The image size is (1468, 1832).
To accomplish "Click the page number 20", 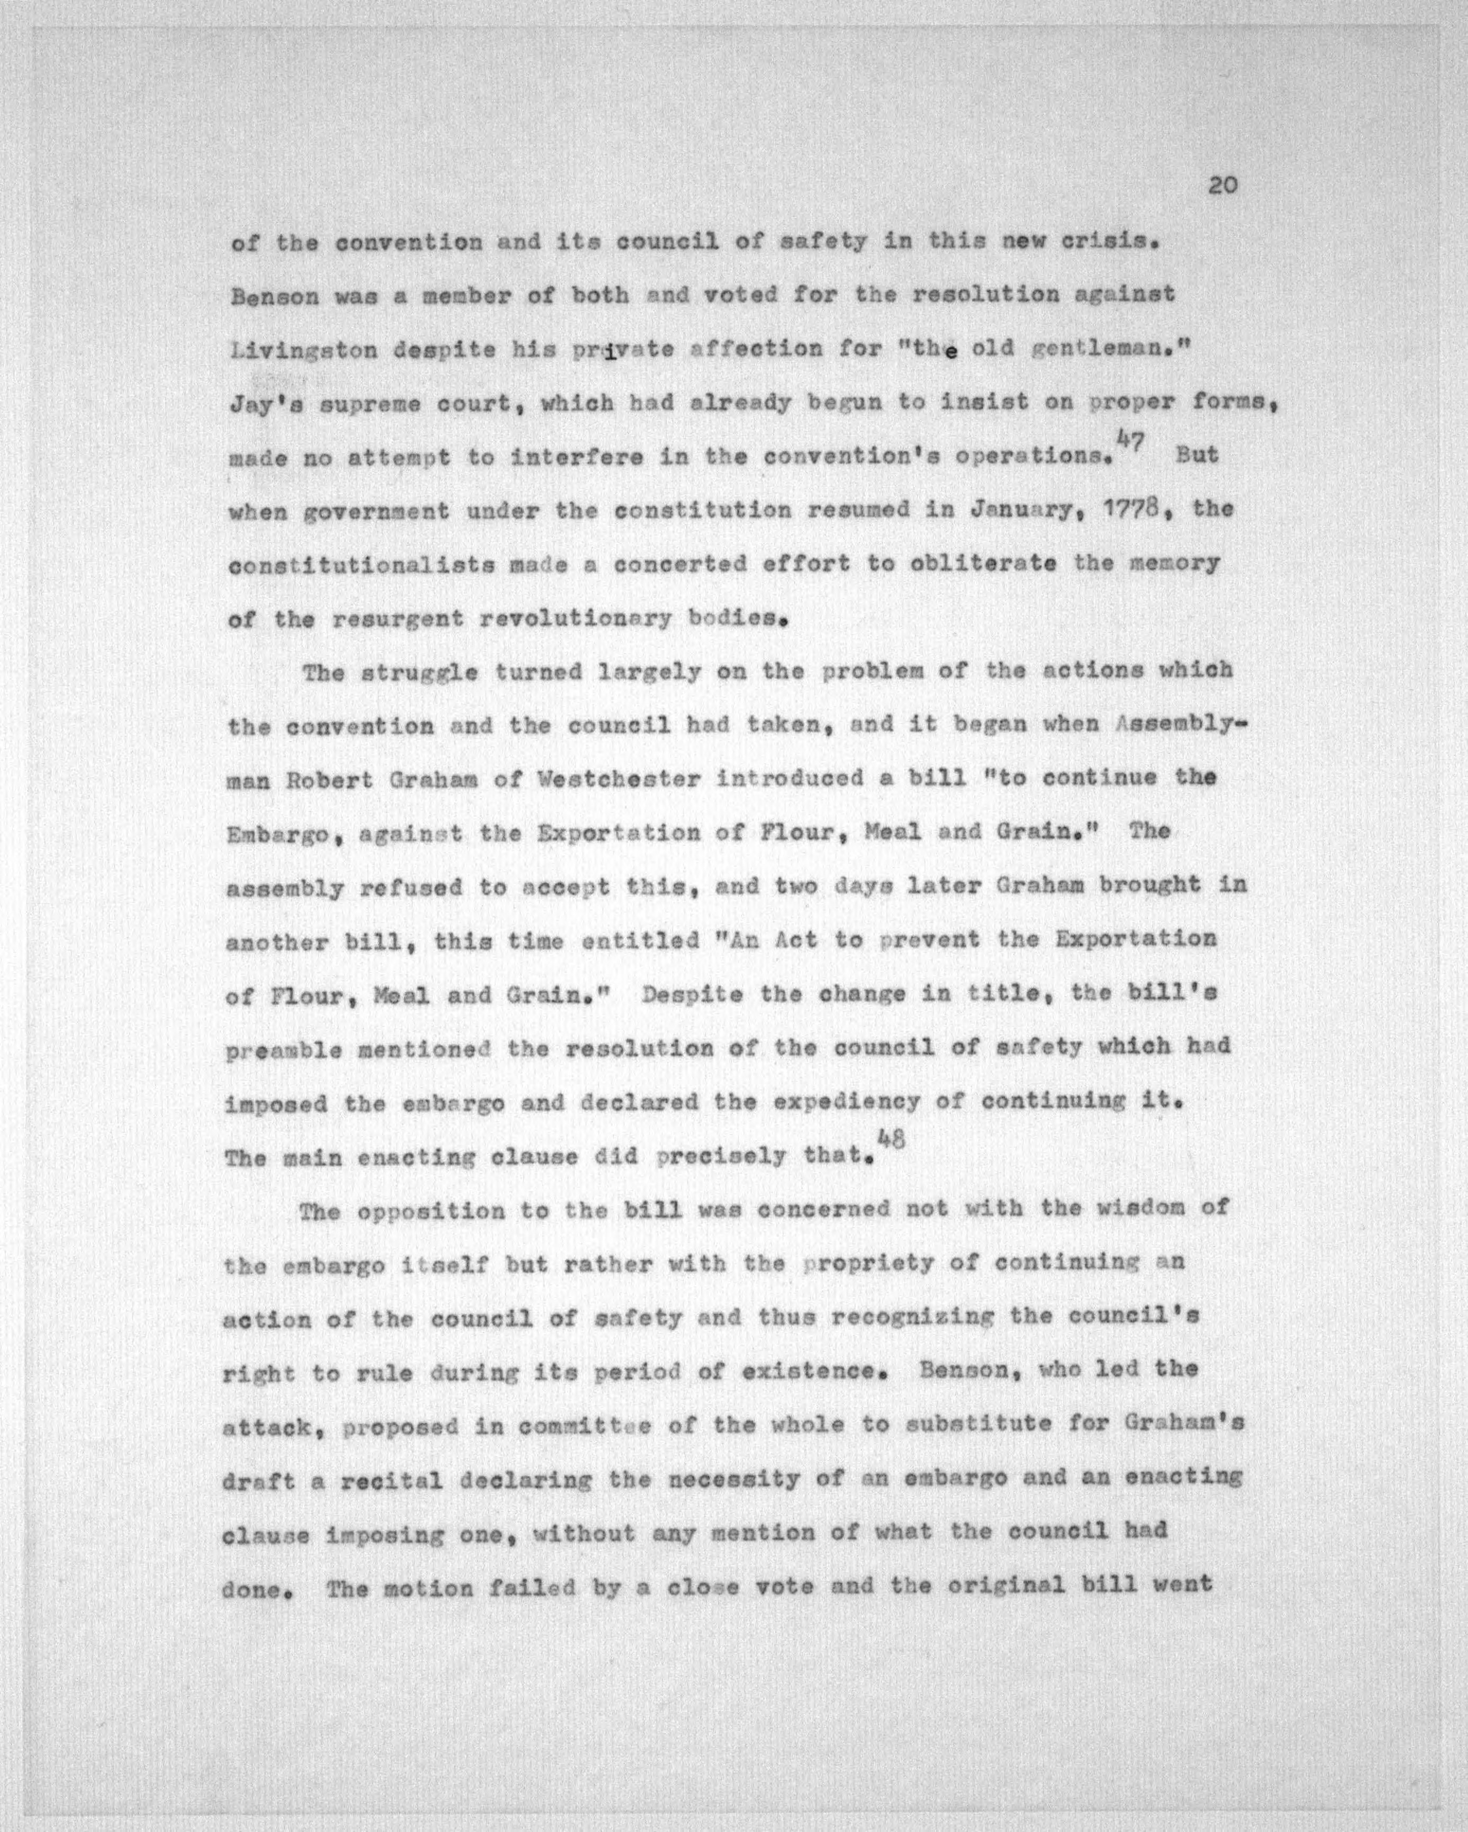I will click(x=1222, y=185).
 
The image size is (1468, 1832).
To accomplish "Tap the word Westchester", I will click(x=619, y=780).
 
